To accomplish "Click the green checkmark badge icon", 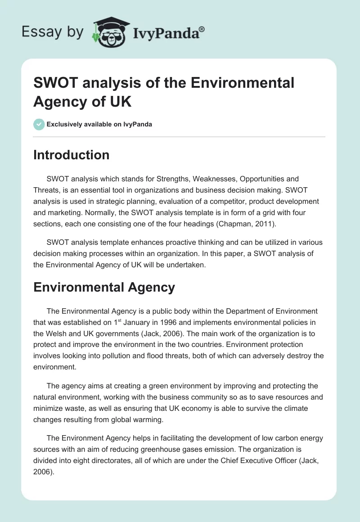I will (39, 124).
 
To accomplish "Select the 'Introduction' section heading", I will (71, 155).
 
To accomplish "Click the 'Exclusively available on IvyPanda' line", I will (99, 124).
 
